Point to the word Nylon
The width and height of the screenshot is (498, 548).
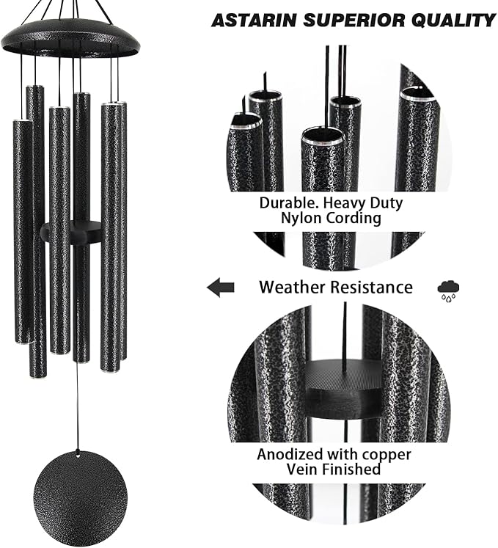click(301, 218)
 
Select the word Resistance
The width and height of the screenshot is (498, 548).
click(370, 287)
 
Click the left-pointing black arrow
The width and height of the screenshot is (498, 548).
click(220, 288)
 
